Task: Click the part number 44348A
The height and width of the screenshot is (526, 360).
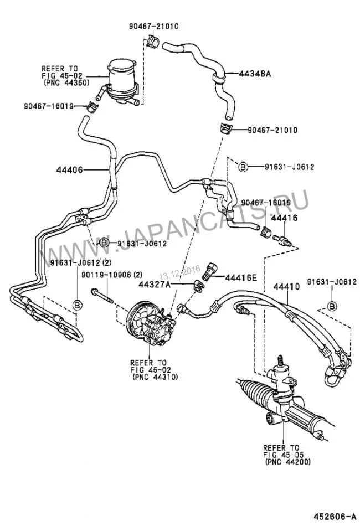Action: click(x=255, y=73)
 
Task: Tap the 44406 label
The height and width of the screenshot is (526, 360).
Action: click(x=69, y=170)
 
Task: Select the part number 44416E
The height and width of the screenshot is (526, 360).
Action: click(x=240, y=278)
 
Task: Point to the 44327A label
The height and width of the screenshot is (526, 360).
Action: click(x=155, y=285)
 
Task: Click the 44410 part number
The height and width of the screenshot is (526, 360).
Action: click(x=286, y=287)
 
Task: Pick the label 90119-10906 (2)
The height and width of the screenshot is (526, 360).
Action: click(x=112, y=275)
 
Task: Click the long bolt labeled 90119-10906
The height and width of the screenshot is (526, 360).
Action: click(x=102, y=296)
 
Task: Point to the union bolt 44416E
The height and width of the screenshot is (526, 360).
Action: click(x=210, y=271)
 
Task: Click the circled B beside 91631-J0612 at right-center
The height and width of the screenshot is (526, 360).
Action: click(x=243, y=167)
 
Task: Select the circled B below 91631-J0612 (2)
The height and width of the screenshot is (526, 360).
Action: click(x=78, y=305)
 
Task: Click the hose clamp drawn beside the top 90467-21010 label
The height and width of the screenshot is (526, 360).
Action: click(x=153, y=41)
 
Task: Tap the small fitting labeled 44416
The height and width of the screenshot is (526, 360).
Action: click(x=281, y=240)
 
